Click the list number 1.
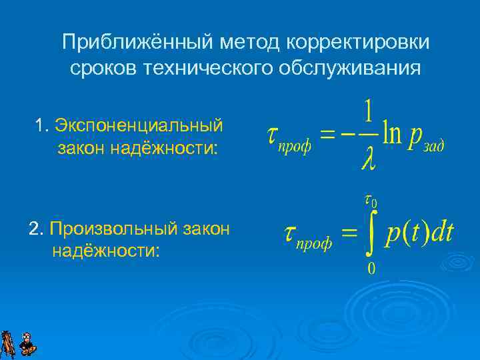point(41,125)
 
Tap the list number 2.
point(35,229)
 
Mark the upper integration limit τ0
point(371,200)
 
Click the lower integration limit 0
point(371,269)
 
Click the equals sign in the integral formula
point(349,233)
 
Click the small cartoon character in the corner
point(27,344)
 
